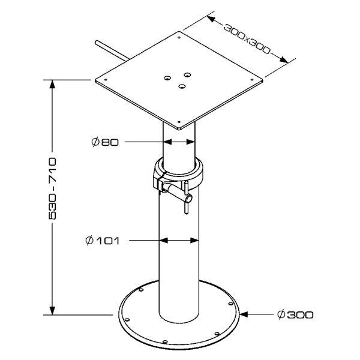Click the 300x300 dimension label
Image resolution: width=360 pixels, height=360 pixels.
(247, 39)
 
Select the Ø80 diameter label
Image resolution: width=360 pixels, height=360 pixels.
(105, 142)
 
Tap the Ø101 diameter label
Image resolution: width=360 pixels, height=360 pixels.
(103, 241)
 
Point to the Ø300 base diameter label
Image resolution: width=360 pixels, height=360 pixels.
(295, 314)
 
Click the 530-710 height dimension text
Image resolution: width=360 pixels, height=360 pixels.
(53, 188)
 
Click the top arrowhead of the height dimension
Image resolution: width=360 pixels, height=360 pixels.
(53, 84)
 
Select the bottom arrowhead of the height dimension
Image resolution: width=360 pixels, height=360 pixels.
(53, 310)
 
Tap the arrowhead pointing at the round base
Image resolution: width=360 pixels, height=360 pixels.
(244, 314)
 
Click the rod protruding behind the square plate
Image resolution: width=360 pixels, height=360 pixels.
(112, 51)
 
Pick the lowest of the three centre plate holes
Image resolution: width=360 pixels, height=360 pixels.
(182, 86)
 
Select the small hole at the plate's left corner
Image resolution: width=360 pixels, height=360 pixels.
(106, 80)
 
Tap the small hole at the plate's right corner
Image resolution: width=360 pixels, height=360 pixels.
(252, 80)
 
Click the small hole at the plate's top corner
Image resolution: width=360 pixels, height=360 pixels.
(179, 38)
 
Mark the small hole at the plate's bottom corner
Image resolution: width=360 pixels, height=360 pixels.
(179, 122)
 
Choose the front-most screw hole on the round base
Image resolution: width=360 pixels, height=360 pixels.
(164, 342)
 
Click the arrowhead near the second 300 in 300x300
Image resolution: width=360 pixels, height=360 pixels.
(283, 59)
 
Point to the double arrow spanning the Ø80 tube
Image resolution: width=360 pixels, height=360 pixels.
(179, 142)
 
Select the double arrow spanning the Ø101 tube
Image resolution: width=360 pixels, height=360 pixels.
(179, 241)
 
